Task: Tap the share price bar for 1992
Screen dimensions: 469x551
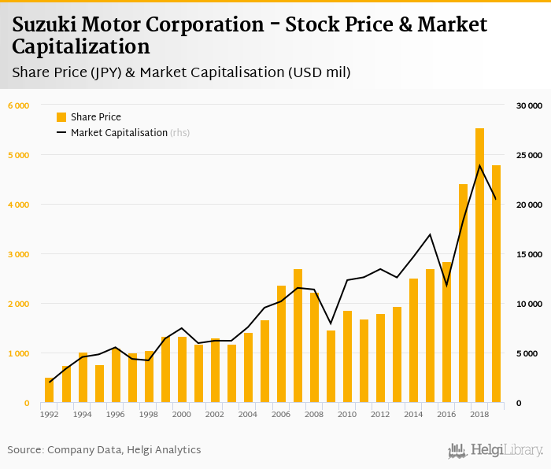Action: coord(49,390)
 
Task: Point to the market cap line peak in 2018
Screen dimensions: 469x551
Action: coord(479,165)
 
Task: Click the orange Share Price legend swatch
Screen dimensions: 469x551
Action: coord(61,117)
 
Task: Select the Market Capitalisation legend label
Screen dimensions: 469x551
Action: coord(119,133)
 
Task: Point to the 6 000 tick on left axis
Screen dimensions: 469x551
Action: coord(18,105)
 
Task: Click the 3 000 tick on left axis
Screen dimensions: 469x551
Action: coord(18,254)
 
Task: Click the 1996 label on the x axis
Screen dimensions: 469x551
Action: coord(115,415)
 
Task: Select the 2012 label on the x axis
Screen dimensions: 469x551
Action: coord(380,415)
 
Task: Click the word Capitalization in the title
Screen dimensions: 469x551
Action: coord(80,46)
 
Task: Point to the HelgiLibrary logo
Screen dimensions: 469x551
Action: coord(496,450)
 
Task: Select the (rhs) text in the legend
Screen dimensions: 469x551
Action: coord(180,133)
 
